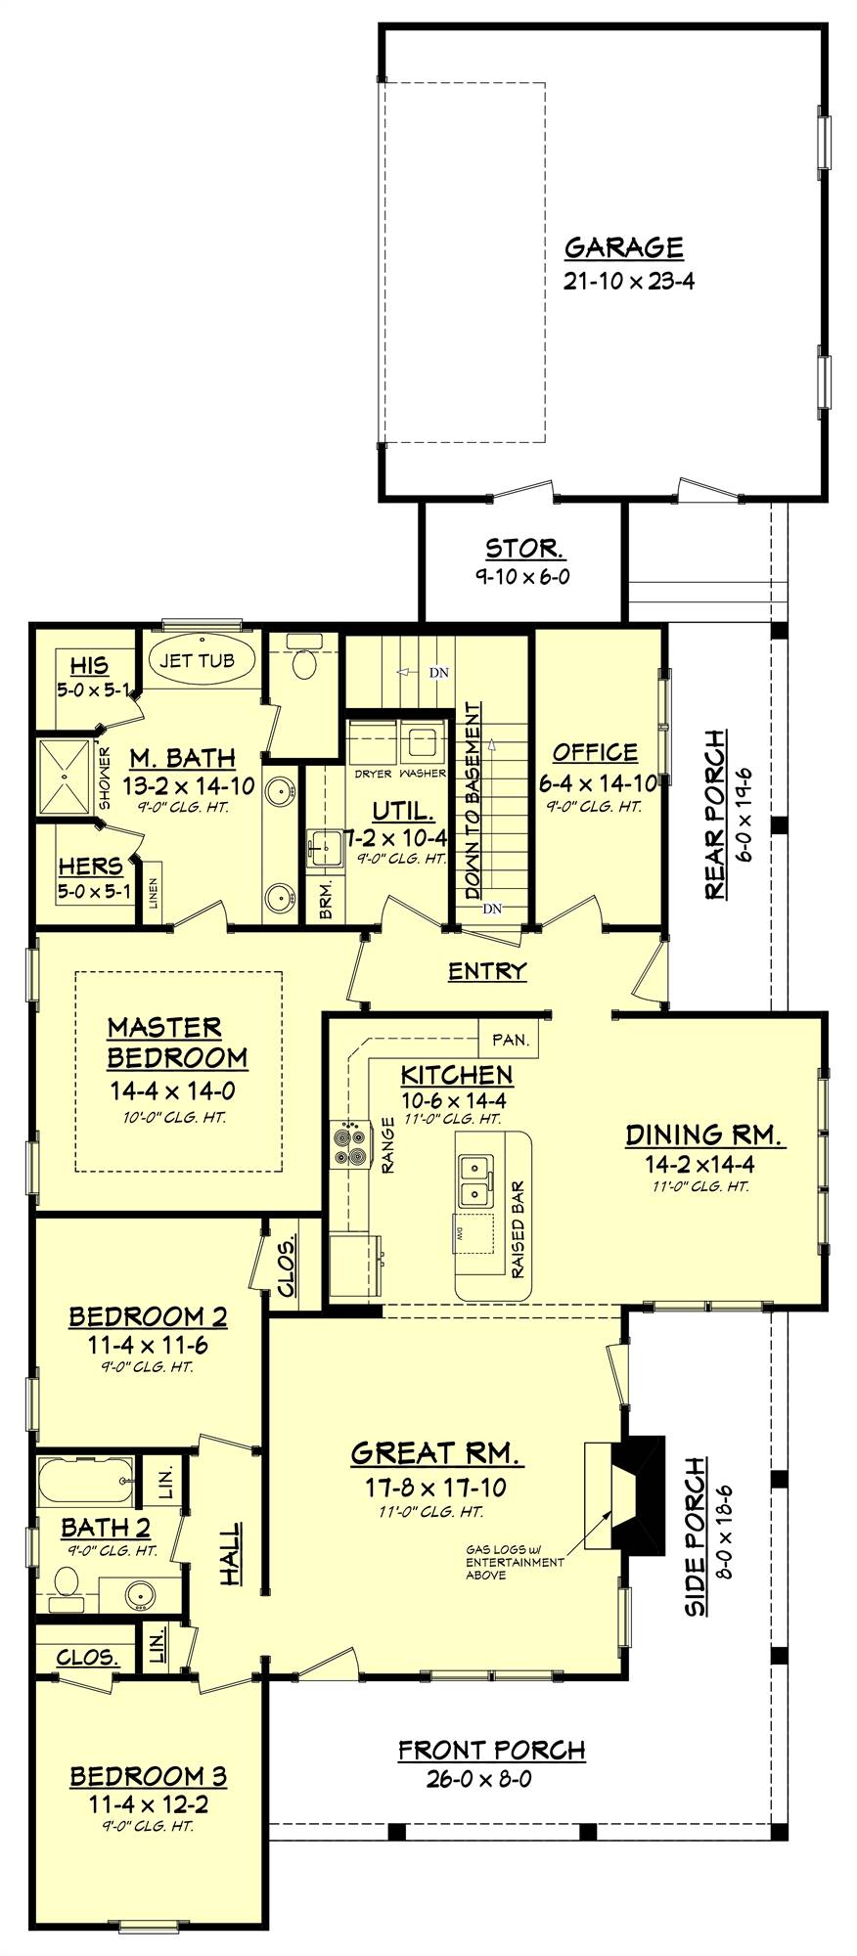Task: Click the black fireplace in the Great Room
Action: coord(639,1492)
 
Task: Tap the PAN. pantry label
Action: coord(510,1040)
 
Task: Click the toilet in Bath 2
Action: coord(67,1583)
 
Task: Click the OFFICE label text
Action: coord(594,752)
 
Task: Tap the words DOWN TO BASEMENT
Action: coord(474,800)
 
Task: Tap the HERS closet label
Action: coord(90,867)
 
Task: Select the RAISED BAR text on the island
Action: coord(518,1229)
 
